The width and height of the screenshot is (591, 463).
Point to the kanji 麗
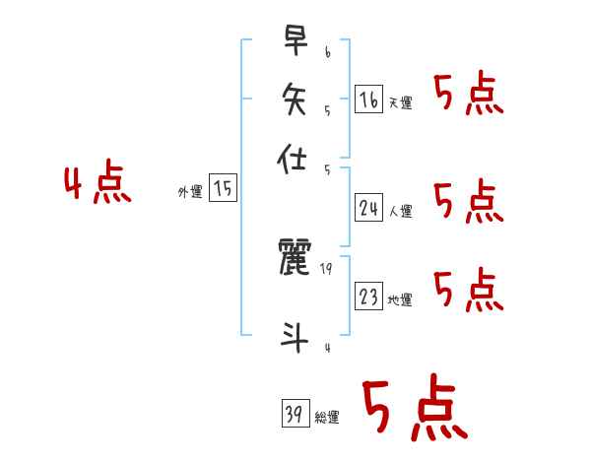point(295,258)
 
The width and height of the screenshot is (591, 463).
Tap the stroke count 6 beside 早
point(326,49)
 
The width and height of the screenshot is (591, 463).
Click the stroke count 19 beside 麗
point(326,267)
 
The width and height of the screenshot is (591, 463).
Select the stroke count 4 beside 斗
point(326,346)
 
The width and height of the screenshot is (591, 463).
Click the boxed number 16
point(368,99)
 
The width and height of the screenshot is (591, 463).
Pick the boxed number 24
point(368,208)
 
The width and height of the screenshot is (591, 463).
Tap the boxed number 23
point(368,297)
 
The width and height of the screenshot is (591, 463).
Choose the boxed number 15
point(224,189)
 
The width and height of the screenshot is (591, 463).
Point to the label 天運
point(400,102)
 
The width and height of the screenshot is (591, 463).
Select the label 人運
point(400,211)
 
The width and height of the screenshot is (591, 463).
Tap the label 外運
point(189,193)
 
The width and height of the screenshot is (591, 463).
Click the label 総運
point(327,418)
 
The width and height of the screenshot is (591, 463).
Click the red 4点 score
point(98,186)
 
